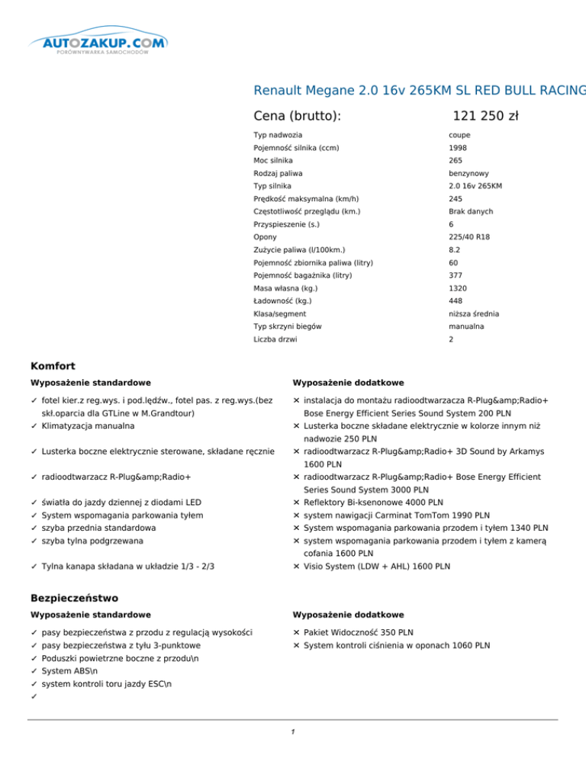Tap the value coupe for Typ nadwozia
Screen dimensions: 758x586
(460, 135)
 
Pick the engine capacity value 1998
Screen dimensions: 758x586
(458, 148)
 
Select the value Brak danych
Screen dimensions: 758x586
(472, 211)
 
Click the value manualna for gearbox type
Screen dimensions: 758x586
(466, 326)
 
